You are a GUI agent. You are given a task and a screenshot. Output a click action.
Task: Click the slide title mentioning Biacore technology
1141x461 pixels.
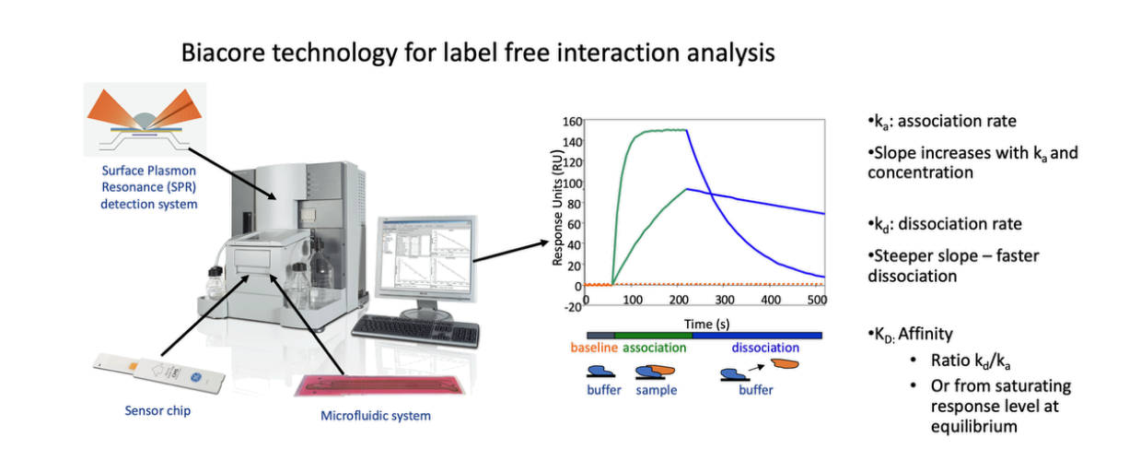pyautogui.click(x=477, y=53)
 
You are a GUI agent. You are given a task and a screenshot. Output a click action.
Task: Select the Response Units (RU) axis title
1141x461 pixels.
pyautogui.click(x=557, y=209)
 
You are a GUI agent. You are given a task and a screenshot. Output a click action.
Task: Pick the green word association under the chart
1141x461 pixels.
pyautogui.click(x=655, y=349)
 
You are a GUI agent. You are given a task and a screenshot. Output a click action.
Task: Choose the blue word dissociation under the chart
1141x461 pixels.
pyautogui.click(x=765, y=349)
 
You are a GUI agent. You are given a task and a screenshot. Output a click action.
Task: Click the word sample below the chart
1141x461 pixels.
pyautogui.click(x=655, y=390)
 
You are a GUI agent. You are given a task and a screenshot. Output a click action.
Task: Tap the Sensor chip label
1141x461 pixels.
pyautogui.click(x=157, y=410)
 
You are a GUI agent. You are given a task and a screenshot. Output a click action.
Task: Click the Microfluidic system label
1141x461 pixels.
pyautogui.click(x=375, y=416)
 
